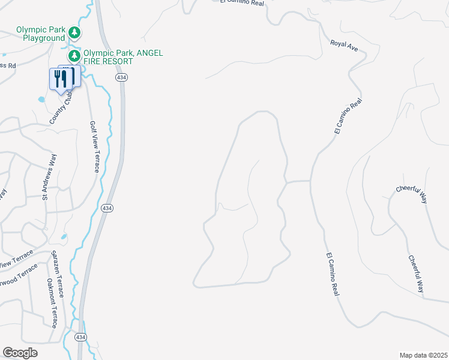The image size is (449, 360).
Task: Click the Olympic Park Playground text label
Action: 40,34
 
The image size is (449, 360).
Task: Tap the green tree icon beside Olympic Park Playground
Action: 74,32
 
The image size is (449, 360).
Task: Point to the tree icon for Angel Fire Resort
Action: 74,56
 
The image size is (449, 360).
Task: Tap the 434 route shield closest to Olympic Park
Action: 121,78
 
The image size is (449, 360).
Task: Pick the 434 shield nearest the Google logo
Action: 80,338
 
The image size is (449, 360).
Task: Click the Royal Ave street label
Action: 348,46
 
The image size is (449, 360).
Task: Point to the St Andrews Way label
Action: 49,176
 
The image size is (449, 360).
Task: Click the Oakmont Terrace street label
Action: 52,303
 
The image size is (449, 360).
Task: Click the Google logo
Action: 20,353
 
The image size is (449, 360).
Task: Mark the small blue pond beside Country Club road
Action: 40,99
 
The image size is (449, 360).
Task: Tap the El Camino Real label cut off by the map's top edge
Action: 242,2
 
